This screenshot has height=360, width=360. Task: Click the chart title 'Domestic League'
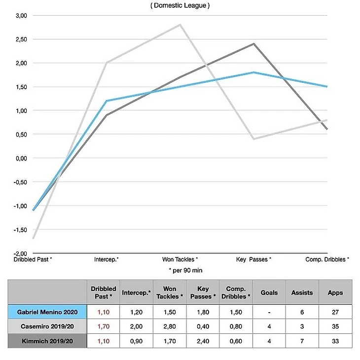180,5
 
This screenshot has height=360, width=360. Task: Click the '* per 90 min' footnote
185,271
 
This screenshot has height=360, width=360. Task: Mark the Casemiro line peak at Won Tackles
180,25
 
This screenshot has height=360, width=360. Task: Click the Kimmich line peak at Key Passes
253,44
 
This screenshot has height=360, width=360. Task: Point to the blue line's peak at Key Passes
253,72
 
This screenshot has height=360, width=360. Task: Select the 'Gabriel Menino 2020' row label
47,312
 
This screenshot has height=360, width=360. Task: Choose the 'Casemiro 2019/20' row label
47,326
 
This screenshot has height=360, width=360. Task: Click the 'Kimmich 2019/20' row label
47,340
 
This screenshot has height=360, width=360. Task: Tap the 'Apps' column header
335,292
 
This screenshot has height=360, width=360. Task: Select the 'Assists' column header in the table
302,292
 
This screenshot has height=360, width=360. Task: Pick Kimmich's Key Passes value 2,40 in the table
203,340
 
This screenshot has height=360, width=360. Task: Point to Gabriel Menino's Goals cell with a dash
269,312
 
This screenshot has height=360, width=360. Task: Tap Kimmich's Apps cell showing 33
335,340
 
